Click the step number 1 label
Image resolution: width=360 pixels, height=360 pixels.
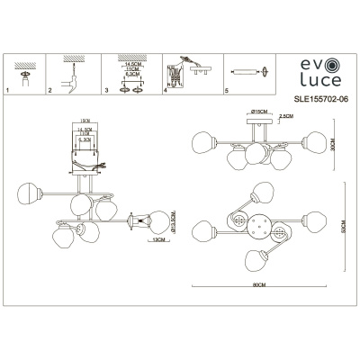[8, 92]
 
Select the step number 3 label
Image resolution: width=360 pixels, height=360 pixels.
[106, 92]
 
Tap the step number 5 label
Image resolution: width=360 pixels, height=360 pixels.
[225, 92]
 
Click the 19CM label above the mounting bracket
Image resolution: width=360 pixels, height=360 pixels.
[85, 119]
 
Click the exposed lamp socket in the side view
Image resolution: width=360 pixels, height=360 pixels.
[138, 220]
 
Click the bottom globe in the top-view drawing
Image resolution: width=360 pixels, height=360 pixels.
[255, 262]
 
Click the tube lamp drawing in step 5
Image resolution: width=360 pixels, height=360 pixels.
[247, 70]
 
